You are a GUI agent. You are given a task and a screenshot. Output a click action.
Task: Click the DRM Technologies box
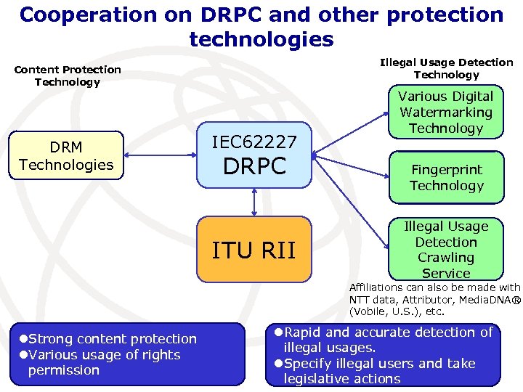click(66, 156)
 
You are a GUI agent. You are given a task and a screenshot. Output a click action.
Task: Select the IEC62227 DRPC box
click(254, 155)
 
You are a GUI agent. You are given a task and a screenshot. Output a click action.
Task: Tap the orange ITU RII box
click(254, 249)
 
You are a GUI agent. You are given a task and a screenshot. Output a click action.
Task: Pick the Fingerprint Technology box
click(446, 177)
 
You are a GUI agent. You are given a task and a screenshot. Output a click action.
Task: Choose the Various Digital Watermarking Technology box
click(446, 112)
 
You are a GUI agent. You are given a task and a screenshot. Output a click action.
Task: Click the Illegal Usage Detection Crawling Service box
click(446, 249)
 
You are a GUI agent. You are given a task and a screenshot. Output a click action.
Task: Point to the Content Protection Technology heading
click(68, 75)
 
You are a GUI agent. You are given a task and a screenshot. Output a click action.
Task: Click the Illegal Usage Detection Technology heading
click(446, 68)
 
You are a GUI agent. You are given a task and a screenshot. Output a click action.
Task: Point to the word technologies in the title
click(261, 38)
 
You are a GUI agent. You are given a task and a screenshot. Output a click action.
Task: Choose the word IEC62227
click(254, 141)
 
